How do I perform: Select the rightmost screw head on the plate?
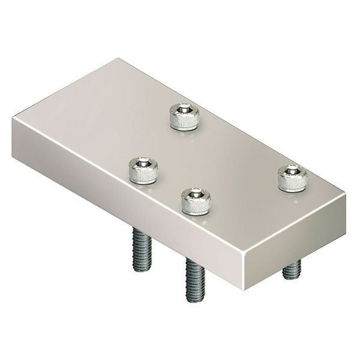coord(292,178)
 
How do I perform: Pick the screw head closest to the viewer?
coord(196,201)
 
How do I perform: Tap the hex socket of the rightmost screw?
coord(292,171)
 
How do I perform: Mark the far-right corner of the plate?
coord(346,193)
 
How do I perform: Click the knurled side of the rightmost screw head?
coord(292,184)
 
